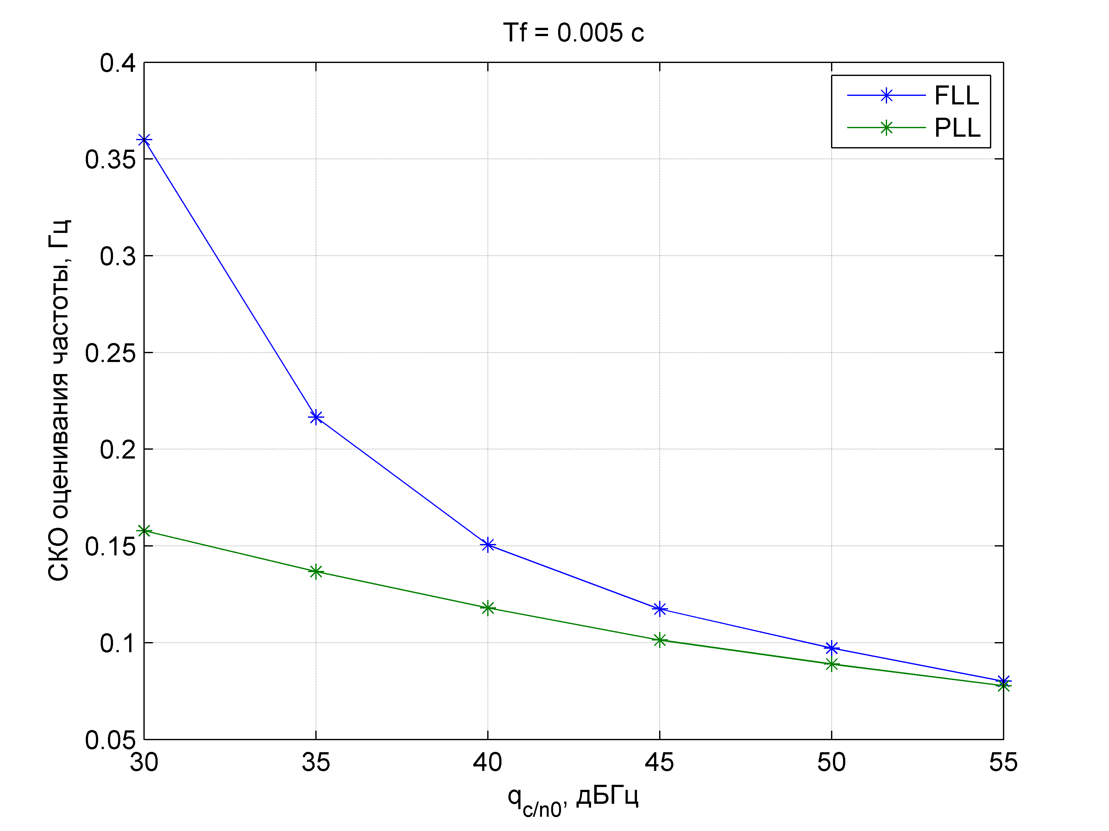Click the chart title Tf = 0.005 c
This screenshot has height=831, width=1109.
(573, 33)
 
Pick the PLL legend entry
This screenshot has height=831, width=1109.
(957, 128)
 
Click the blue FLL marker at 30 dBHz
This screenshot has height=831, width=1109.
(144, 140)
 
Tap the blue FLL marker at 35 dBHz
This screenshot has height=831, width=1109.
(316, 417)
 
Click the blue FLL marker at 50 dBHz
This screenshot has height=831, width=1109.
(832, 648)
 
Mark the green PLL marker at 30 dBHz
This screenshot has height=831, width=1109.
(144, 531)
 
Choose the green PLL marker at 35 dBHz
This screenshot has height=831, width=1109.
(316, 572)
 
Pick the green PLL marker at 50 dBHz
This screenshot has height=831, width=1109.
(832, 665)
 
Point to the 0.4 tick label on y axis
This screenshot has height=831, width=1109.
(118, 64)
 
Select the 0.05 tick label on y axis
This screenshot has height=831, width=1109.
(110, 740)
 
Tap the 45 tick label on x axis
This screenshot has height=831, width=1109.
(659, 763)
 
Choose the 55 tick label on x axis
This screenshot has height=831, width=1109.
(1003, 763)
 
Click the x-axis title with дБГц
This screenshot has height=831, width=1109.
(573, 797)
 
